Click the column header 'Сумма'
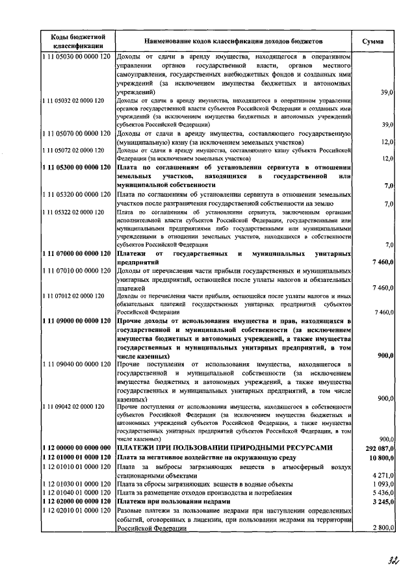(372, 40)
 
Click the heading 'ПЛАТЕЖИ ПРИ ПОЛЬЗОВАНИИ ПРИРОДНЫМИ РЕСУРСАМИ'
(224, 448)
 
